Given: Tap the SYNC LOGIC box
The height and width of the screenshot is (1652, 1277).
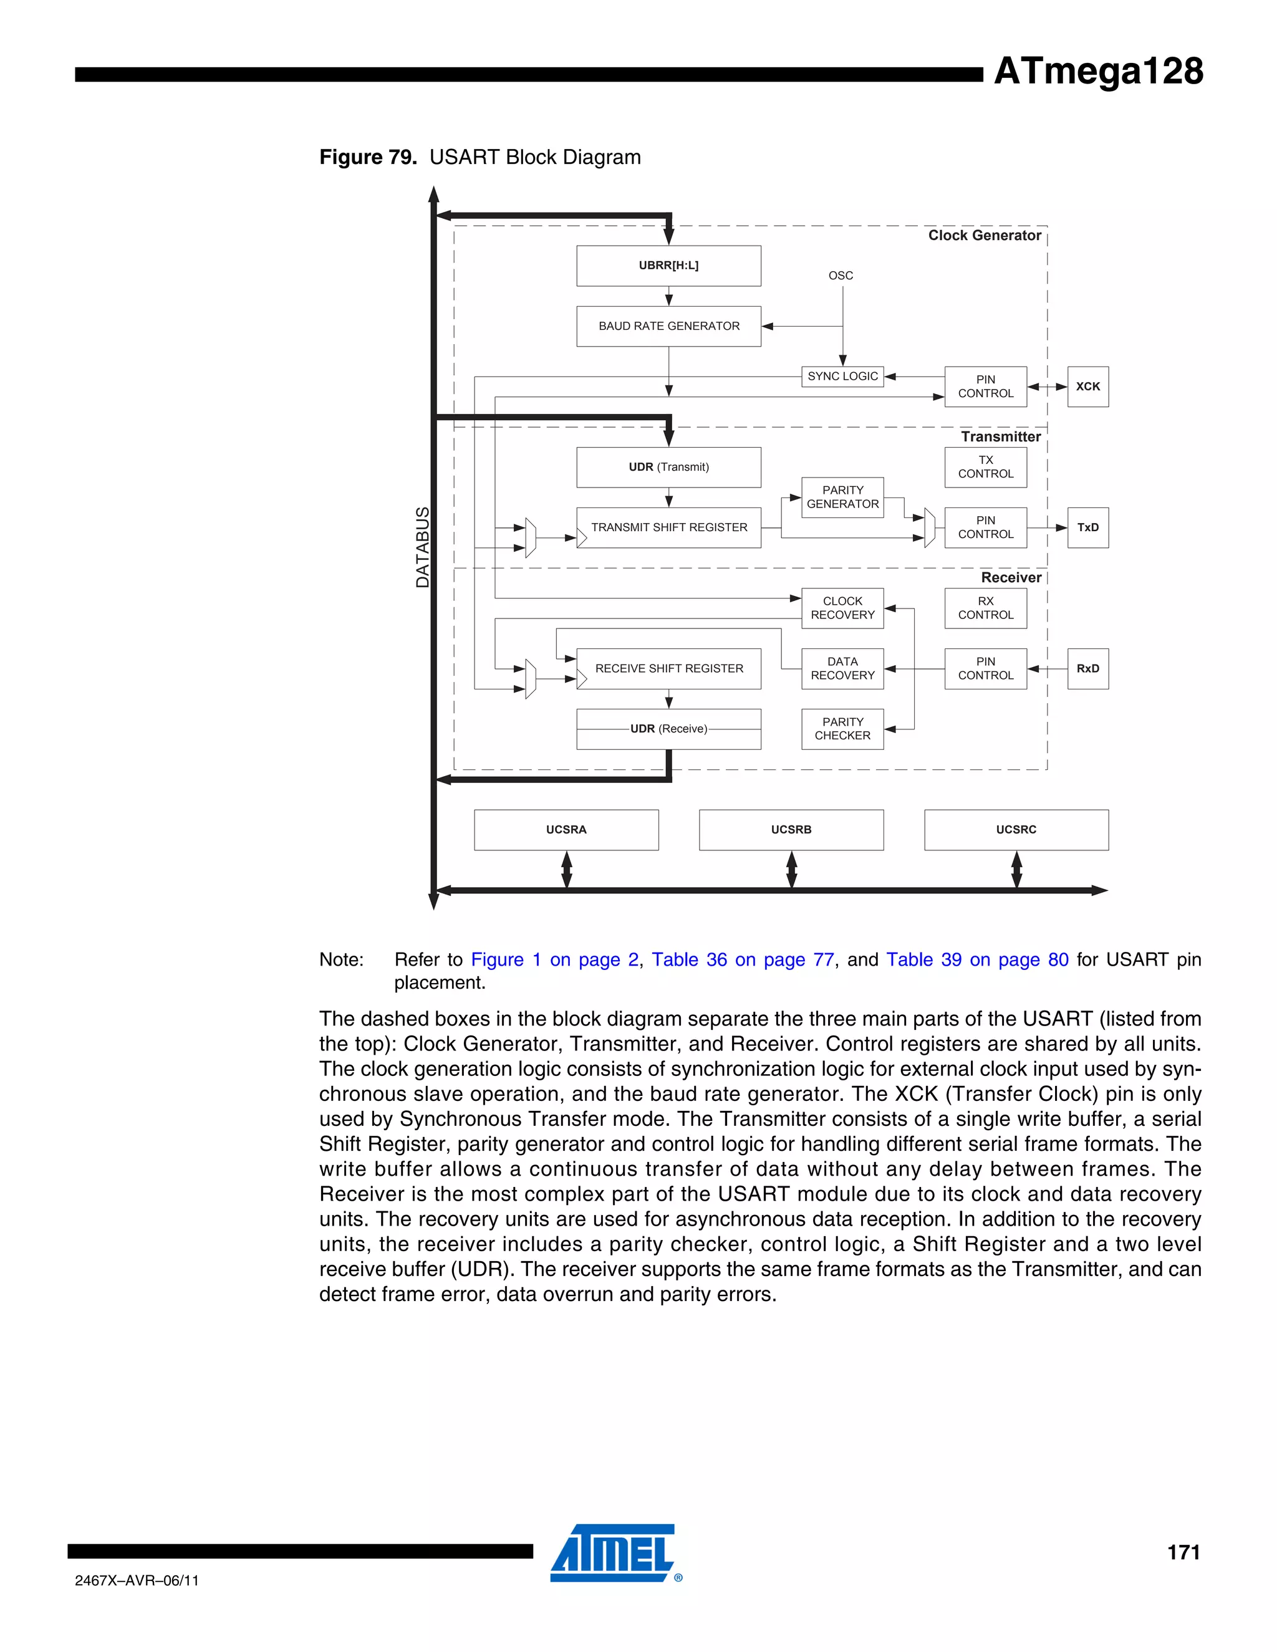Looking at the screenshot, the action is [842, 376].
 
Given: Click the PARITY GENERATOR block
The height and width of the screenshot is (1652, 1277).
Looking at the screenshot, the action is [842, 497].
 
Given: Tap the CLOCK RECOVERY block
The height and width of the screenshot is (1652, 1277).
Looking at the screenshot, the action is [842, 608].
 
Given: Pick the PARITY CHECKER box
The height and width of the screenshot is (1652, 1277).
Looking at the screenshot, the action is [842, 728].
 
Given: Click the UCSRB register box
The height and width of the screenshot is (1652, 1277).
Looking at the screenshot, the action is [791, 830].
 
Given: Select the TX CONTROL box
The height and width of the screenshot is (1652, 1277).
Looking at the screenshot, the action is [985, 467].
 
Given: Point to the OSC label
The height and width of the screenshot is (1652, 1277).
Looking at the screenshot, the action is [841, 276].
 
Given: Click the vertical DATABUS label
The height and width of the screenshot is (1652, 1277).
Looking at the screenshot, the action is [422, 547].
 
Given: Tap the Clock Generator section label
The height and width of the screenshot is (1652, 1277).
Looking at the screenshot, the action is [984, 235].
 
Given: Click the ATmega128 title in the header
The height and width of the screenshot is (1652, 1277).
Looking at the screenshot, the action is [1097, 71].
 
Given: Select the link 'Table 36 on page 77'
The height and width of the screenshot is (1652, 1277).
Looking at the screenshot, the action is [743, 959].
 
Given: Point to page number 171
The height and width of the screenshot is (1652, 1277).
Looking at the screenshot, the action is [1183, 1552].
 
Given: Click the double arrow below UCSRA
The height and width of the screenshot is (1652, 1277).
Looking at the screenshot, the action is [567, 869].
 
